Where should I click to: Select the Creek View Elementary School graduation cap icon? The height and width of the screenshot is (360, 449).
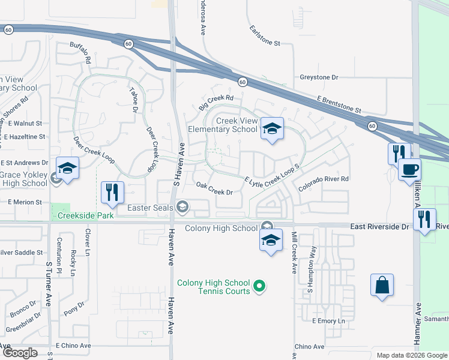(272, 128)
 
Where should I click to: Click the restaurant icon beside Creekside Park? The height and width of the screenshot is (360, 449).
(112, 192)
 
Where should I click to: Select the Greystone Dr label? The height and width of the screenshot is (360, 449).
(319, 77)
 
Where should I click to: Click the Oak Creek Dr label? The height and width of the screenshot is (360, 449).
(214, 192)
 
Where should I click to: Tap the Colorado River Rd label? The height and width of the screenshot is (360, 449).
(325, 179)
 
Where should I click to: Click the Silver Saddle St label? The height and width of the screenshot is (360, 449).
(22, 253)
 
